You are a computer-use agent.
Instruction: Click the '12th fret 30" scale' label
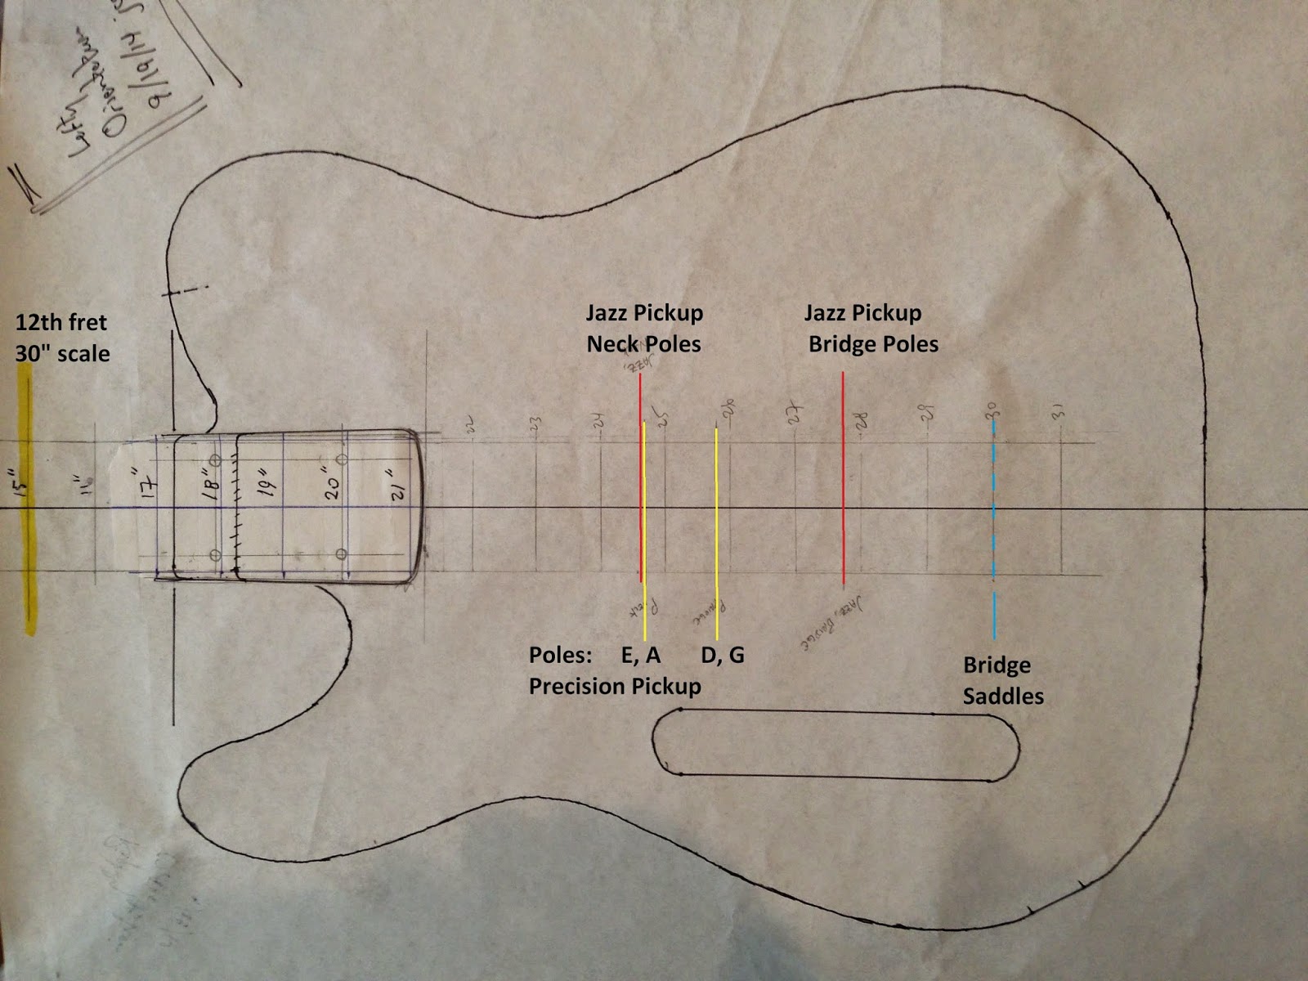(62, 338)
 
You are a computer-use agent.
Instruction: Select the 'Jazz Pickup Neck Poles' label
(644, 328)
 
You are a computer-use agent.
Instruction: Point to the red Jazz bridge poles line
(843, 490)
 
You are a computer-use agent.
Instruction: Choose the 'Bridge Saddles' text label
(1002, 680)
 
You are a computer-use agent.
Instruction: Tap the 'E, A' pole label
(641, 655)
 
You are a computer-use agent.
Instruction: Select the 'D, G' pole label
(723, 655)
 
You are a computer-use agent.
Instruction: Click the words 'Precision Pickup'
(615, 686)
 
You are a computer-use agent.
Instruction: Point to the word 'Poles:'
(560, 655)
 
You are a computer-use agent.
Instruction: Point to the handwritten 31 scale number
(1060, 413)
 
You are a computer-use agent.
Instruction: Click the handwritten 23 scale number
(535, 423)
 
